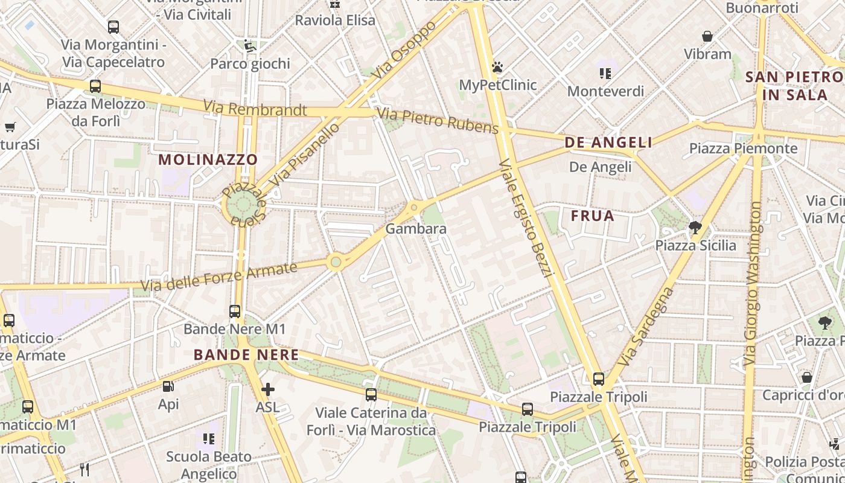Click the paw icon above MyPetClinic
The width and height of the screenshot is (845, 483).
click(x=497, y=67)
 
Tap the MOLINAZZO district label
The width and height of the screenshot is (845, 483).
click(x=208, y=160)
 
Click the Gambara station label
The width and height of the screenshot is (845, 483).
click(x=416, y=229)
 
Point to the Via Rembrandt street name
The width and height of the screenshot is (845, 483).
click(x=255, y=109)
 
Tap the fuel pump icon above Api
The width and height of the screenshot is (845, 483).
click(x=168, y=386)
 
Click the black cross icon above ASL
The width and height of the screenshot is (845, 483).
click(x=268, y=390)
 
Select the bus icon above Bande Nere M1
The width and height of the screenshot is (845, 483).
click(x=235, y=312)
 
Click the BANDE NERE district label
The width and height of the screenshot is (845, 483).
click(x=246, y=355)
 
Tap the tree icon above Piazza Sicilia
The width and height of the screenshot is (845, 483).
click(x=695, y=228)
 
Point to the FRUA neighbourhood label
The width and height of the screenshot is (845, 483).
click(x=593, y=216)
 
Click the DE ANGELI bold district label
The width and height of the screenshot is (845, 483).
click(x=608, y=142)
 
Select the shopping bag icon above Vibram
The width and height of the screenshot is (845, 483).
click(x=707, y=37)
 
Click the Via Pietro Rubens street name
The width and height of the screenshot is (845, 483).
click(x=438, y=121)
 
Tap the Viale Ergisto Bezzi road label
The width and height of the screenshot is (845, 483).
click(x=526, y=217)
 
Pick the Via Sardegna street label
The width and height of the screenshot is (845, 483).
click(x=646, y=326)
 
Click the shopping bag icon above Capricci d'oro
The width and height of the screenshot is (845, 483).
click(x=807, y=377)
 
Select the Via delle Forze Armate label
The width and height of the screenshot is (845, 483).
click(x=219, y=277)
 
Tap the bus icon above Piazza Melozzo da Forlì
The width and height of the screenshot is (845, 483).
click(x=95, y=86)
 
